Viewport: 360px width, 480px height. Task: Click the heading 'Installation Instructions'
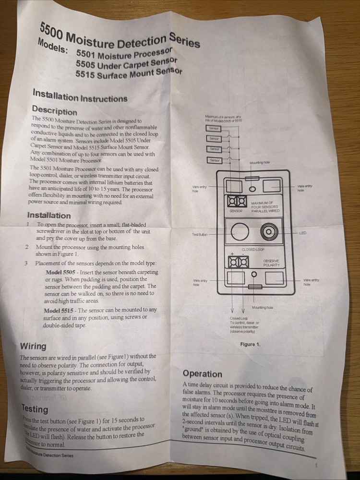[x=80, y=95]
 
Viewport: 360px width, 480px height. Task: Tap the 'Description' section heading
[x=54, y=110]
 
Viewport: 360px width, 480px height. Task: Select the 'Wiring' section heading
[x=33, y=346]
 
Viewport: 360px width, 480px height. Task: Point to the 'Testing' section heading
[x=35, y=408]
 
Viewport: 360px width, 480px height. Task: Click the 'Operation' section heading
[x=202, y=373]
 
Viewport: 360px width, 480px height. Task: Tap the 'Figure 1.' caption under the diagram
[x=250, y=344]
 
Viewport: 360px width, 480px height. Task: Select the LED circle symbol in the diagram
[x=269, y=233]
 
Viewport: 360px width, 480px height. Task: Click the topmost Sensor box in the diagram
[x=214, y=129]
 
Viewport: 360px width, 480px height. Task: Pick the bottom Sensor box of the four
[x=215, y=160]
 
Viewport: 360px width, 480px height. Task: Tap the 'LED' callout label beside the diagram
[x=302, y=233]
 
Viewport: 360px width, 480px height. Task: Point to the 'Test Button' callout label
[x=200, y=234]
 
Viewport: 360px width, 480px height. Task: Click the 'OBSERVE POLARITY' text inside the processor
[x=271, y=263]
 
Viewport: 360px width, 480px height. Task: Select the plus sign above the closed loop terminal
[x=232, y=253]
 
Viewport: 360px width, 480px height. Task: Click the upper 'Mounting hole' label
[x=260, y=163]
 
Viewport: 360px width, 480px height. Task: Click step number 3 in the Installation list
[x=26, y=263]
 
